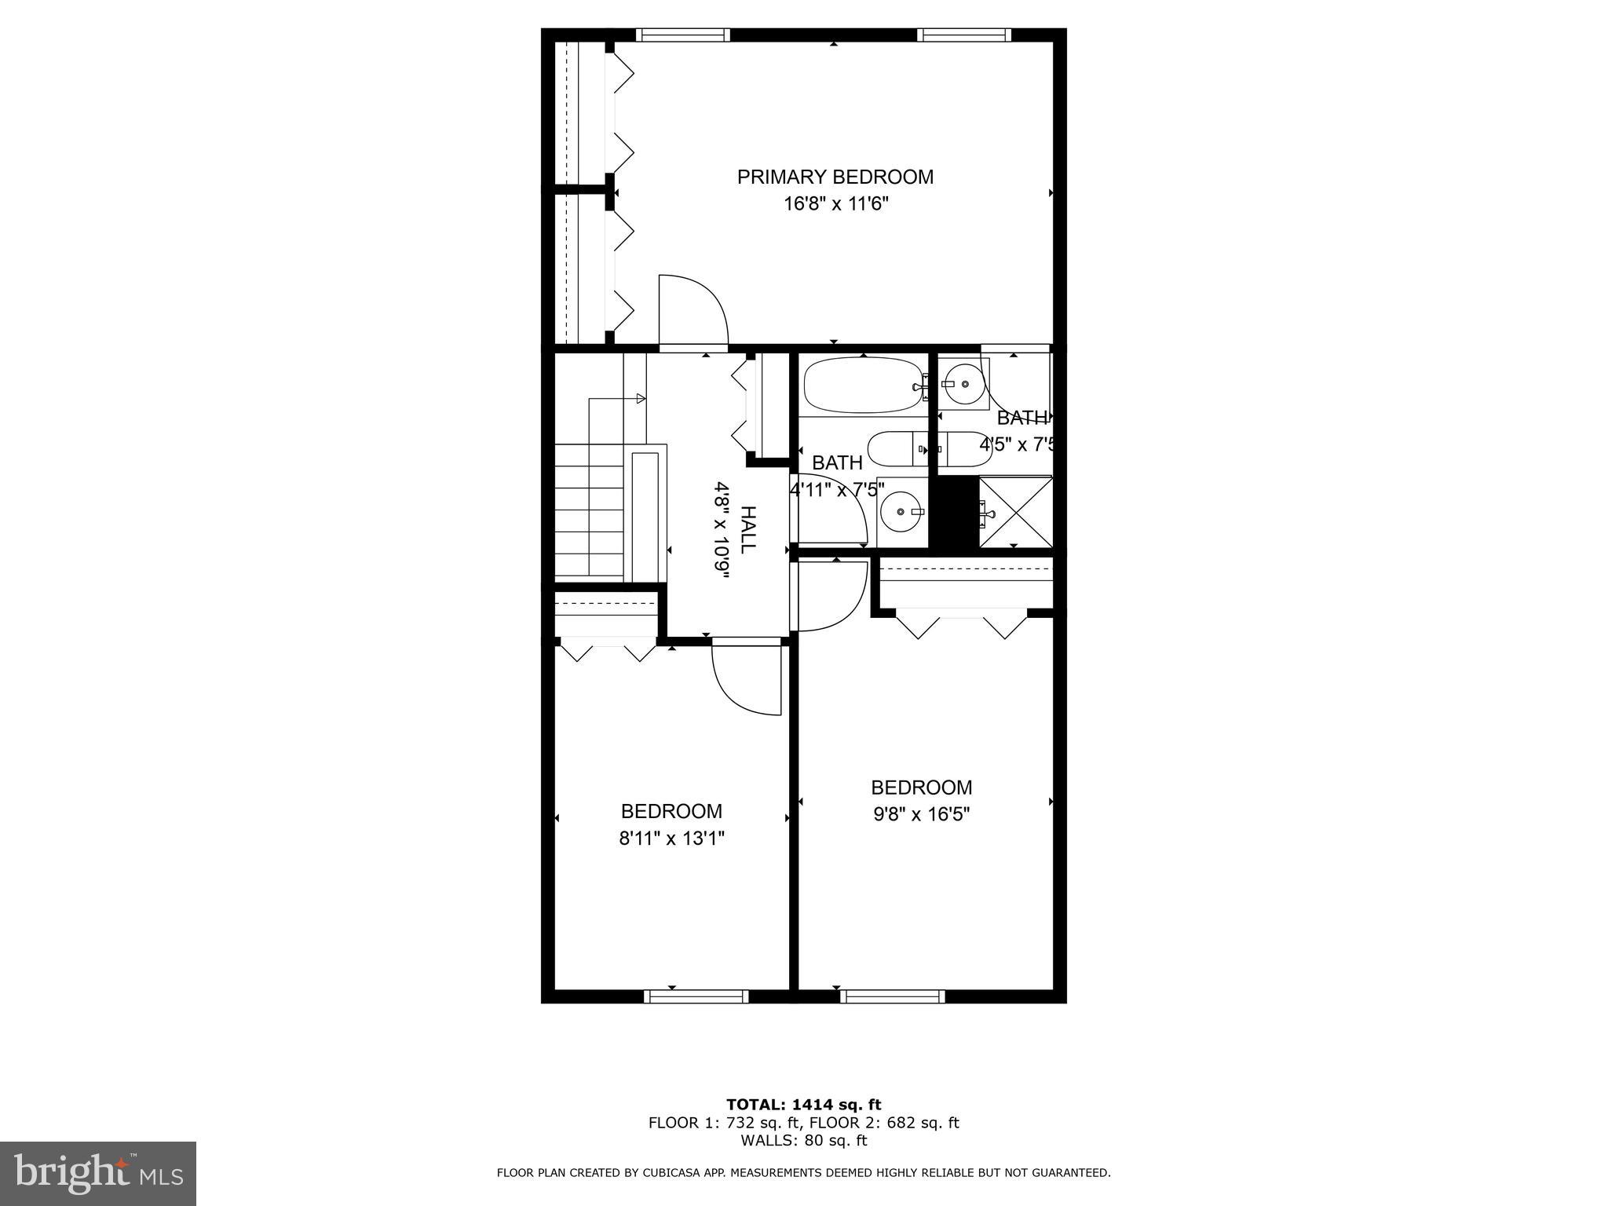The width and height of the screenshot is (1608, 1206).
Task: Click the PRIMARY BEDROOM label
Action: pos(835,177)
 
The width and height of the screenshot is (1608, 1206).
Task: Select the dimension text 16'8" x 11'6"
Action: pos(835,205)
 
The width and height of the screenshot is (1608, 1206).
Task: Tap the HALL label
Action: pos(749,529)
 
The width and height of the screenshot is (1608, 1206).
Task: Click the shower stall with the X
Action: pos(1015,512)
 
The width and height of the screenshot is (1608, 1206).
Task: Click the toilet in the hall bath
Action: pos(898,449)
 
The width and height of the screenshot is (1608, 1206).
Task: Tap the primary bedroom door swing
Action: pos(691,311)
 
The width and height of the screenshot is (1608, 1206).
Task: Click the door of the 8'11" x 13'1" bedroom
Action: pos(746,679)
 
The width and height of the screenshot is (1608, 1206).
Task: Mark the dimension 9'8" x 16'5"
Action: pos(922,815)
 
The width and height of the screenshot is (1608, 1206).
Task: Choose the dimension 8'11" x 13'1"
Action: pos(671,839)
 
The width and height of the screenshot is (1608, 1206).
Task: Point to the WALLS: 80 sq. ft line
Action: pos(803,1141)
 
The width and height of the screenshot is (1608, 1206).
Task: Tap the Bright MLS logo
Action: pos(98,1173)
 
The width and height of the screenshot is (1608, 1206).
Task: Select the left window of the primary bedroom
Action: pos(682,35)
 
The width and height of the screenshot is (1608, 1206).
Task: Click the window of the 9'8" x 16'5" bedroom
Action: pos(892,997)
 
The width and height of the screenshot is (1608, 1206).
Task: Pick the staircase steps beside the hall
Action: pos(589,510)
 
